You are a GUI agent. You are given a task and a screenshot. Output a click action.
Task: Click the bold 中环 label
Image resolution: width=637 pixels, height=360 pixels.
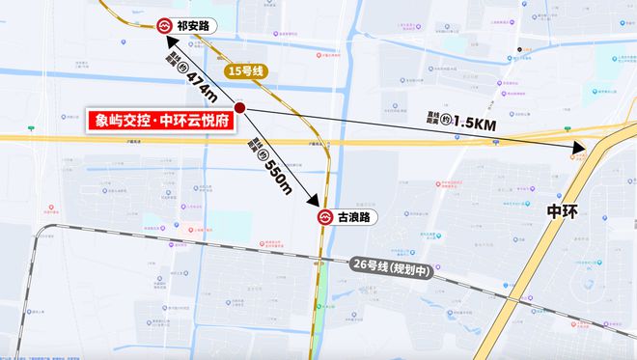(x=562, y=210)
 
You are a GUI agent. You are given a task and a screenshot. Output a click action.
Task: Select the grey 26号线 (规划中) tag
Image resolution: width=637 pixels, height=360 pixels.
(x=392, y=268)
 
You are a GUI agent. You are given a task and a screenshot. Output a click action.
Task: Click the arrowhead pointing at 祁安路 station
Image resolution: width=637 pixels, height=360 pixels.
(x=169, y=42)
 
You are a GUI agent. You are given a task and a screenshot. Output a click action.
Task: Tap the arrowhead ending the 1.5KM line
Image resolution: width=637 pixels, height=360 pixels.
(x=580, y=150)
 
